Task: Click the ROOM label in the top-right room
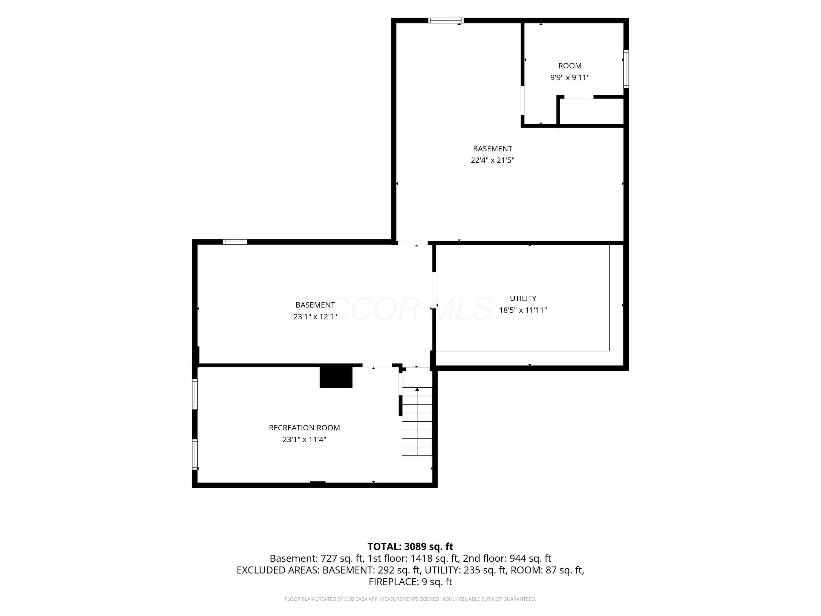coord(570,66)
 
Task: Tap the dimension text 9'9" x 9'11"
coord(570,77)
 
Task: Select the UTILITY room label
coord(523,298)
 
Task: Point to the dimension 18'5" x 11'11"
coord(523,310)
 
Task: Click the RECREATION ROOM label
coord(304,428)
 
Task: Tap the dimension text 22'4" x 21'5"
coord(493,160)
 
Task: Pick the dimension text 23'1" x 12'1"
coord(315,317)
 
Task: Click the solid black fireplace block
coord(336,377)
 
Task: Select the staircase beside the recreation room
coord(417,421)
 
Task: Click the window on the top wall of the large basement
coord(446,21)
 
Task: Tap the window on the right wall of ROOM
coord(626,69)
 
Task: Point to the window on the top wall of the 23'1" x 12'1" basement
coord(235,242)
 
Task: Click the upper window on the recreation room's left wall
coord(195,394)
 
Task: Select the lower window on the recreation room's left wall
coord(195,454)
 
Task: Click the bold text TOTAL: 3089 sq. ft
coord(410,546)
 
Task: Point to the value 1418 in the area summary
coord(422,559)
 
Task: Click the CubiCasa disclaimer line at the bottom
coord(410,599)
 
